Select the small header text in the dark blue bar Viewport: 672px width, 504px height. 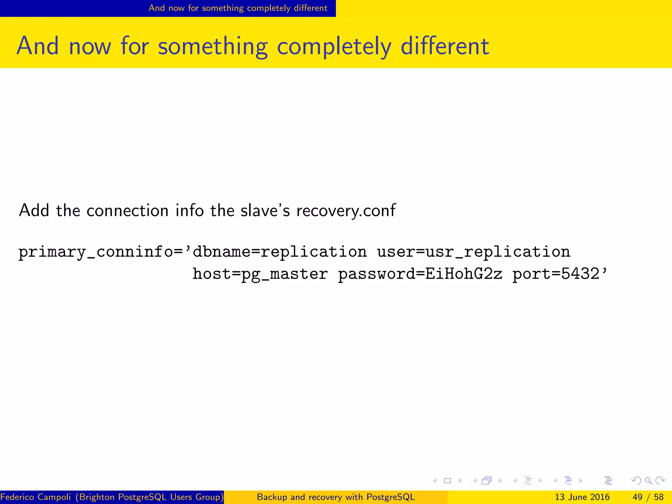click(238, 8)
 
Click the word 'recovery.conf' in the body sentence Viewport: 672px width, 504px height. click(346, 211)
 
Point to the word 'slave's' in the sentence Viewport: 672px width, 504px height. click(265, 210)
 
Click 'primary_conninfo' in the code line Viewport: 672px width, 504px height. click(95, 252)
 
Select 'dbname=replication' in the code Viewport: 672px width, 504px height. click(280, 252)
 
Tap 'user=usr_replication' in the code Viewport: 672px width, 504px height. click(473, 252)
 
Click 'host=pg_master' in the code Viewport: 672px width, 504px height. click(260, 274)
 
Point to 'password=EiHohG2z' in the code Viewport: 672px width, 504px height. click(420, 274)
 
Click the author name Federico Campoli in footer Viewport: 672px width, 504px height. click(35, 497)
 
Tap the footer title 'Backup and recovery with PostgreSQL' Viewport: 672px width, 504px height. click(336, 497)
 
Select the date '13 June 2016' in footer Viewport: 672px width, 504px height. click(582, 497)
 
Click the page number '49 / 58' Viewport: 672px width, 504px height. click(648, 497)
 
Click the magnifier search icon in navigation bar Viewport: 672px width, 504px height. click(648, 481)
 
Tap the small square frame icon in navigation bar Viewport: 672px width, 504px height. click(447, 481)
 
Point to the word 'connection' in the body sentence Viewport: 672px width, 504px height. click(127, 210)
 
